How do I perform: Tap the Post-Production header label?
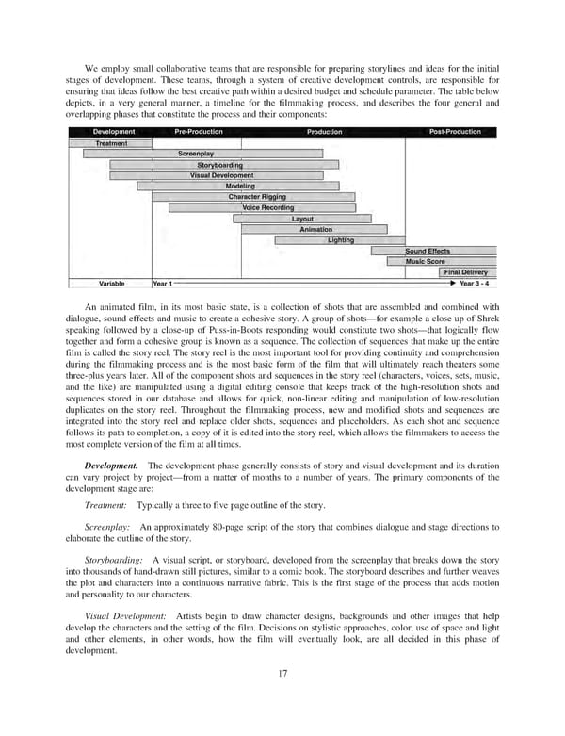click(x=455, y=132)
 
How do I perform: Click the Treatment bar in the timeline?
click(x=111, y=143)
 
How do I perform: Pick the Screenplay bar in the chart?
click(x=195, y=154)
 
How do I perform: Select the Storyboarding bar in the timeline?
click(x=219, y=165)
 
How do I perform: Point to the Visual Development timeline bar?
click(x=221, y=175)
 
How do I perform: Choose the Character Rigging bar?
click(x=255, y=197)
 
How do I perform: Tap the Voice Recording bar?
click(x=267, y=207)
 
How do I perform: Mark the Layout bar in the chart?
click(x=301, y=219)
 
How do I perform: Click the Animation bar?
click(x=315, y=229)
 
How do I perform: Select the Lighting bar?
click(x=341, y=240)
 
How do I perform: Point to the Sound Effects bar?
click(x=428, y=252)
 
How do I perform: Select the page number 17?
click(x=282, y=698)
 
